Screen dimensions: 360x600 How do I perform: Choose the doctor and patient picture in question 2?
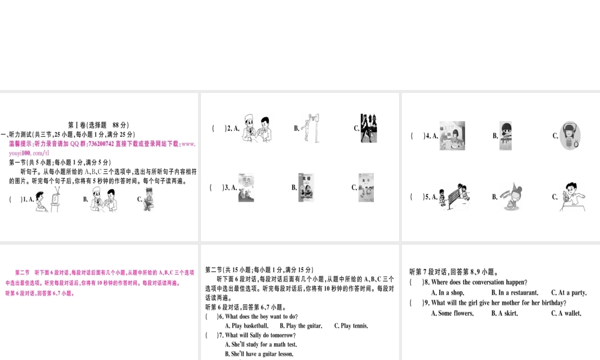point(257,128)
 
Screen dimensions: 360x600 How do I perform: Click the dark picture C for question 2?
point(368,128)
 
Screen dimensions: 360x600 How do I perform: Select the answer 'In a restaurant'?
point(514,293)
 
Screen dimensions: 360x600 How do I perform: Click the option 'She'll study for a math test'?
point(261,344)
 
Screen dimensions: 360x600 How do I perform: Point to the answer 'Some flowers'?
point(452,313)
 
